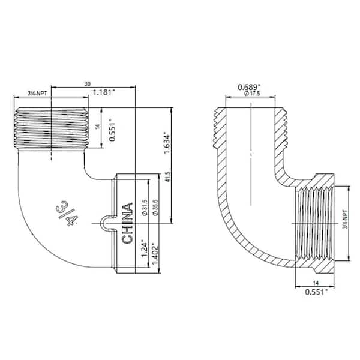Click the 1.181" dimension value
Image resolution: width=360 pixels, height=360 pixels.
(105, 93)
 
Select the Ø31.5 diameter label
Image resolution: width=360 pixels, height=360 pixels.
(144, 206)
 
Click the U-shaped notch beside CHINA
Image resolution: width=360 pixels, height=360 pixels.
(107, 223)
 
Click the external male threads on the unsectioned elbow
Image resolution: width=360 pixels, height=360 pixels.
(52, 128)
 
